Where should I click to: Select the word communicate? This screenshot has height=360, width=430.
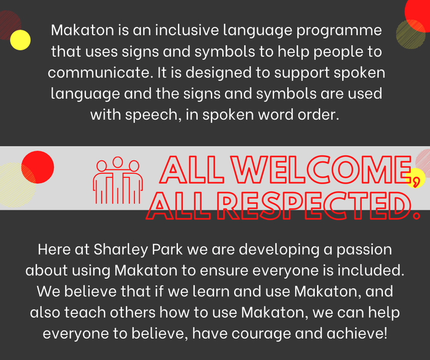coord(100,73)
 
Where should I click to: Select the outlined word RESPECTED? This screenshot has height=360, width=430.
coord(315,206)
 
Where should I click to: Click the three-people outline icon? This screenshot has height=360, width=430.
coord(118,180)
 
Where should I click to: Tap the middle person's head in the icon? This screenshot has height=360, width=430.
coord(118,162)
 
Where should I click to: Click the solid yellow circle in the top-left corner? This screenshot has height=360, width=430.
coord(20,40)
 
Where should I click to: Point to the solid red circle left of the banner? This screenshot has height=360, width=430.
coord(38,167)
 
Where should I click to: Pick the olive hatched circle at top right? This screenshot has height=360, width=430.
coord(410,34)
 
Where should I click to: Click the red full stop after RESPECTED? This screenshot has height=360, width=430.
coord(416,216)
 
